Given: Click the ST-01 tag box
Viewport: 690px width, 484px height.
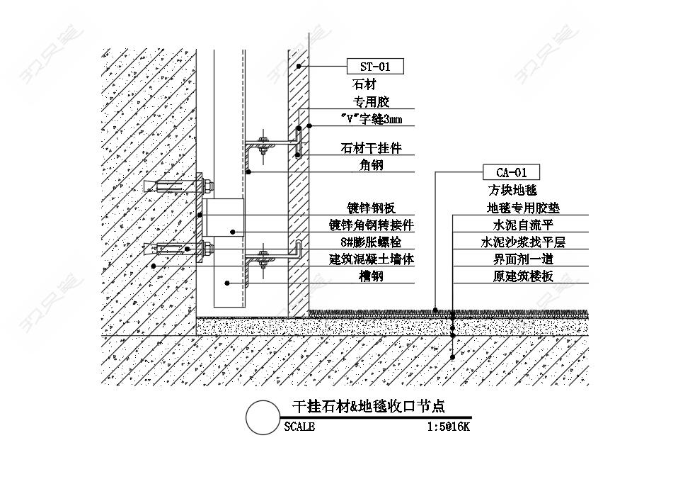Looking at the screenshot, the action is tap(375, 67).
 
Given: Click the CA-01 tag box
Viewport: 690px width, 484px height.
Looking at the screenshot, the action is tap(512, 172).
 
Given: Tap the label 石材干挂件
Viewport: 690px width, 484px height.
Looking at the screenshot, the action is tap(372, 147).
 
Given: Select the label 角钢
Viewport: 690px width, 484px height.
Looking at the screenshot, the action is tap(372, 165).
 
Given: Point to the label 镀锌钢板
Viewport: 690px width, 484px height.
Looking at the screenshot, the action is tap(372, 208).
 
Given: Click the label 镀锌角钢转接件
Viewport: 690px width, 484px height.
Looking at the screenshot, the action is tap(372, 225).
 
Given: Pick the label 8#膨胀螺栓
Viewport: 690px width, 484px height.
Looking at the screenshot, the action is tap(372, 242).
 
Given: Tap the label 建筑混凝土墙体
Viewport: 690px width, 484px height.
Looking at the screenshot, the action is tap(372, 259).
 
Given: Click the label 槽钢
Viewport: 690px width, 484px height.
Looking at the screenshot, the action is tap(372, 276).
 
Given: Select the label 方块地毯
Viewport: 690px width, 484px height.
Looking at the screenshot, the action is tap(512, 190).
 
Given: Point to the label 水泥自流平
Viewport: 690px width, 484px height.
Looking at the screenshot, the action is tap(523, 225).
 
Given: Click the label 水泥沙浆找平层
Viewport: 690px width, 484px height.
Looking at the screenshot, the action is tap(523, 242).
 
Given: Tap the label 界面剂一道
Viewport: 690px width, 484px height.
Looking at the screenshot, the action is tap(523, 259).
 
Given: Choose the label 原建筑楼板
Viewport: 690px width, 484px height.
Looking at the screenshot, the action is tap(523, 276).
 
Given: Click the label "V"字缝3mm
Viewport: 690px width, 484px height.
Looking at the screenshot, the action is tap(372, 119).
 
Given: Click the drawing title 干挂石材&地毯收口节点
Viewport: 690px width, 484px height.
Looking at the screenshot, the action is tap(369, 406).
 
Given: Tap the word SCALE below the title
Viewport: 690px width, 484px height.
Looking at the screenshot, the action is tap(299, 427).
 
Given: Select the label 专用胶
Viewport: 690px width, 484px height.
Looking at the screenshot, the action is tap(372, 102).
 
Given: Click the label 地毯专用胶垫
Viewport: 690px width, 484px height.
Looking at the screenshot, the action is tap(523, 208).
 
